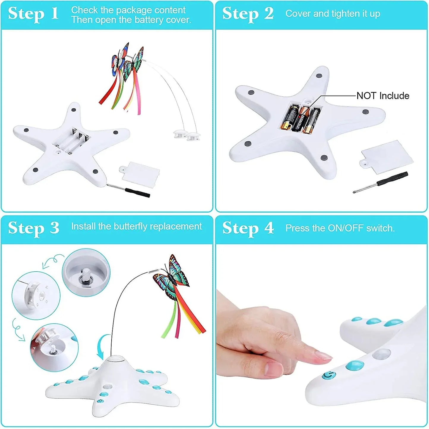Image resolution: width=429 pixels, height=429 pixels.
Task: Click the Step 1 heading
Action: click(33, 14)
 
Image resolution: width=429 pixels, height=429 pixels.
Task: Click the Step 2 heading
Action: click(248, 14)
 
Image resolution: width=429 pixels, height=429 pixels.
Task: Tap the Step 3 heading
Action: click(34, 228)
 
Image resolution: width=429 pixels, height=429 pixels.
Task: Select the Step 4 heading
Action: click(248, 228)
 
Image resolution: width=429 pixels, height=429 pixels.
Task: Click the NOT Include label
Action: click(383, 96)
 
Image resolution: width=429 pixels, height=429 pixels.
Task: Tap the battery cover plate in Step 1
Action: click(140, 174)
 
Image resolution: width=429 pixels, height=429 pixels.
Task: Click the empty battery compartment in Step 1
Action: click(72, 141)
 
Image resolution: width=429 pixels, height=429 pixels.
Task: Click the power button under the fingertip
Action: click(328, 376)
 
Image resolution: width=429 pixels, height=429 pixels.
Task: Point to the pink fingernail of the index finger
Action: click(323, 355)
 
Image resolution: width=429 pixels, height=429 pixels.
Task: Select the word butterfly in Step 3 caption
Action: click(130, 227)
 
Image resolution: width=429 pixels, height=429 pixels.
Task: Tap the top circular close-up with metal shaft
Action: click(86, 273)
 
